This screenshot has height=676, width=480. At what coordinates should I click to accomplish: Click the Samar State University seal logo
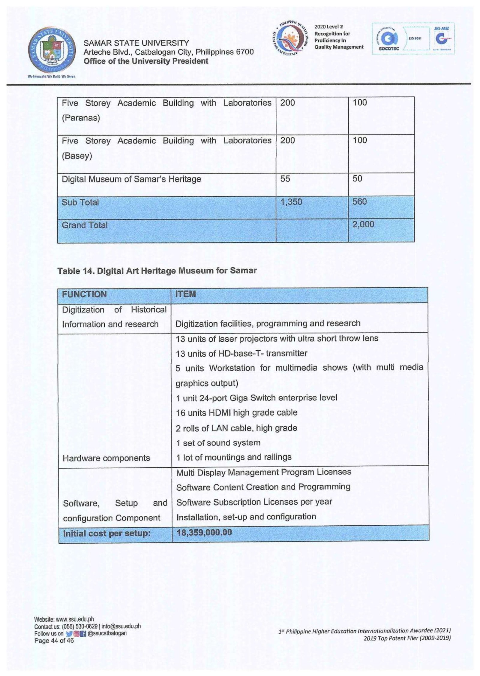tap(52, 50)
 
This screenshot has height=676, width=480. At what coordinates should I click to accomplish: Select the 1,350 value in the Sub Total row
tap(291, 202)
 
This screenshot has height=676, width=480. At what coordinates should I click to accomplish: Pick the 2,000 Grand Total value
tap(363, 225)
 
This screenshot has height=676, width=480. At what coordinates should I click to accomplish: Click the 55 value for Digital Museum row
tap(285, 179)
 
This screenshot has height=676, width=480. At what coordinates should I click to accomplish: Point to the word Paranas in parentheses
tap(81, 118)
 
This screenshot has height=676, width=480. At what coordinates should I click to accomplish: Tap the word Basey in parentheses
tap(77, 156)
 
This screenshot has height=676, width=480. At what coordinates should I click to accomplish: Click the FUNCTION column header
tap(84, 294)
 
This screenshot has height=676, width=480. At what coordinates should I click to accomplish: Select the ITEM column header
tap(185, 294)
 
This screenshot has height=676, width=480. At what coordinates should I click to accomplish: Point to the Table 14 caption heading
tap(157, 270)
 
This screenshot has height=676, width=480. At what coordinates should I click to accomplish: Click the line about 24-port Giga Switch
tap(256, 398)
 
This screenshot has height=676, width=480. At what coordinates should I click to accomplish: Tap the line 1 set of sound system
tap(218, 443)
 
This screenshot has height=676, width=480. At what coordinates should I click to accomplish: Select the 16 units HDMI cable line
tap(236, 413)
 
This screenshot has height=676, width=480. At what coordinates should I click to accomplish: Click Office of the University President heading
tap(146, 61)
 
